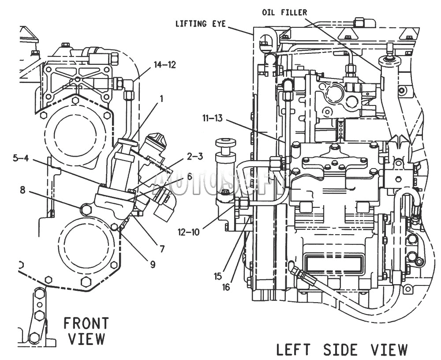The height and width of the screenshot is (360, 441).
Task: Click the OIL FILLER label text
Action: coord(284,12)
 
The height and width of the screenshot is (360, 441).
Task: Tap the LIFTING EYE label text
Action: coord(201,24)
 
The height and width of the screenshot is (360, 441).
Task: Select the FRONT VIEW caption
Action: coord(86,331)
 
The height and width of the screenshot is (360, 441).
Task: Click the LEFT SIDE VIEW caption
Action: coord(342,350)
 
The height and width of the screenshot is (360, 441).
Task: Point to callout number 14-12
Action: coord(165,65)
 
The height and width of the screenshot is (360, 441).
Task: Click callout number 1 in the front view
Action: coord(161,99)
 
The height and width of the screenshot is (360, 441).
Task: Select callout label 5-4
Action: coord(21,158)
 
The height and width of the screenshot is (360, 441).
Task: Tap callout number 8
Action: coord(22,190)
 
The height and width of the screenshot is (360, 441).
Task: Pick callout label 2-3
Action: coord(195,156)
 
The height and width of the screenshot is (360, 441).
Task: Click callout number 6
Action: coord(189,176)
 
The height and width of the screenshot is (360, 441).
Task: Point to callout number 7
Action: coord(162,249)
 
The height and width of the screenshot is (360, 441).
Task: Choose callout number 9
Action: coord(153,264)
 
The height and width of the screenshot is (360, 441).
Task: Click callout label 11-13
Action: coord(213,118)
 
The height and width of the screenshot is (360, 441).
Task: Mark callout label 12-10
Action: coord(188,232)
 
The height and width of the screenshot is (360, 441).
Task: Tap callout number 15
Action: coord(218,277)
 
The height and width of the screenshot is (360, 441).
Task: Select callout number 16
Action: coord(226,287)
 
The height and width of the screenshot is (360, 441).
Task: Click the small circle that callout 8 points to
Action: coord(86,209)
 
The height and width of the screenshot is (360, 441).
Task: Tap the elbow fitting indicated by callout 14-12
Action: coord(129,84)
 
